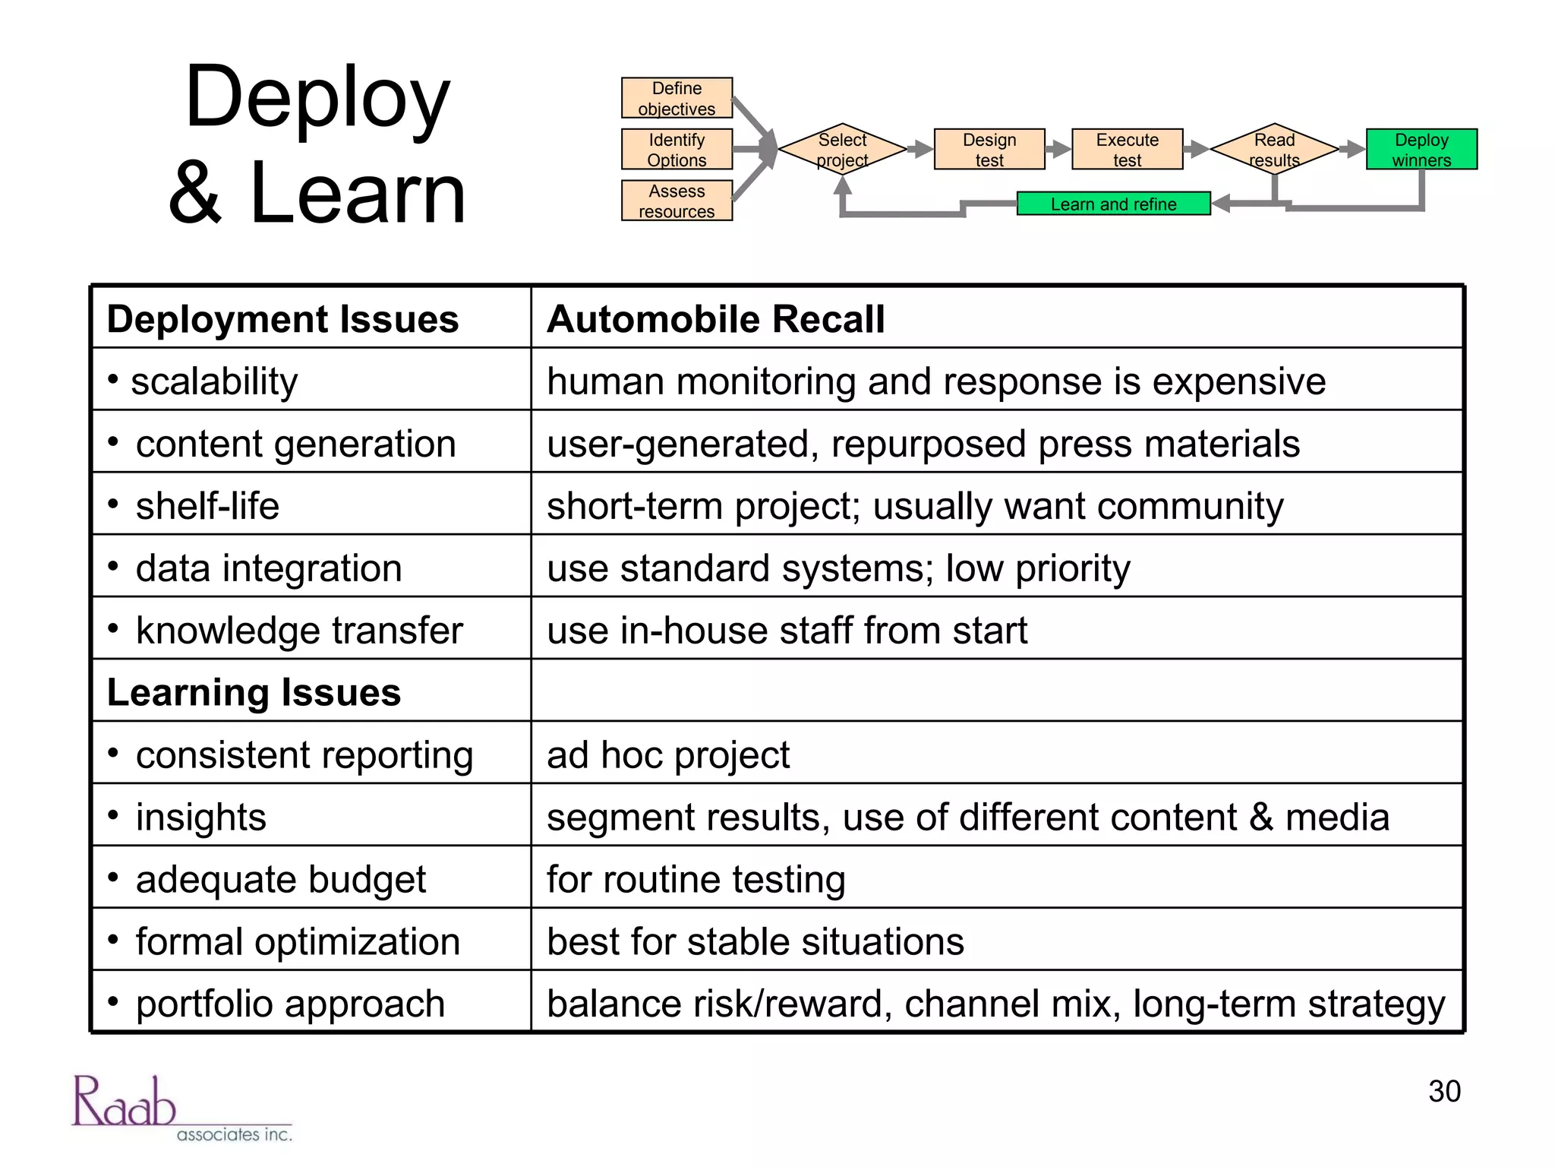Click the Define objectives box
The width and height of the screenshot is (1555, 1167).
click(x=677, y=98)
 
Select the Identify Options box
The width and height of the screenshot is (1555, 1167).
click(x=677, y=150)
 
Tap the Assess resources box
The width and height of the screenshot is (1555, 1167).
click(x=677, y=201)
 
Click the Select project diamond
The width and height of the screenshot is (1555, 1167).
click(x=842, y=150)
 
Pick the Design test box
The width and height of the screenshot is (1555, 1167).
click(x=989, y=150)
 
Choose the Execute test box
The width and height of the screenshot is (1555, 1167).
click(x=1127, y=150)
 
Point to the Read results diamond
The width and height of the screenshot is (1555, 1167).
click(x=1274, y=150)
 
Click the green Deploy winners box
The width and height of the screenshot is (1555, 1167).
click(x=1421, y=150)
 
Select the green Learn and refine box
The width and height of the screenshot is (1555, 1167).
click(x=1113, y=204)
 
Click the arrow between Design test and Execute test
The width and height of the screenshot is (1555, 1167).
click(x=1058, y=150)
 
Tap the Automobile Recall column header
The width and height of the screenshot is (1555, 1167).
click(x=716, y=318)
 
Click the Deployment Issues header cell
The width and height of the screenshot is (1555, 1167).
click(x=282, y=318)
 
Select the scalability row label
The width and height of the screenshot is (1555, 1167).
click(x=214, y=381)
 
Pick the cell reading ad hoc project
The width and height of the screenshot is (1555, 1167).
click(x=668, y=754)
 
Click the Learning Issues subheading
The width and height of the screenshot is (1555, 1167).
click(x=254, y=692)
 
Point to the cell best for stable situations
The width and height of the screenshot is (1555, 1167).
click(x=755, y=941)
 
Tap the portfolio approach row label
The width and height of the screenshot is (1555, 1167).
click(x=290, y=1004)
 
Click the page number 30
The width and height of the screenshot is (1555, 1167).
click(x=1444, y=1091)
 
